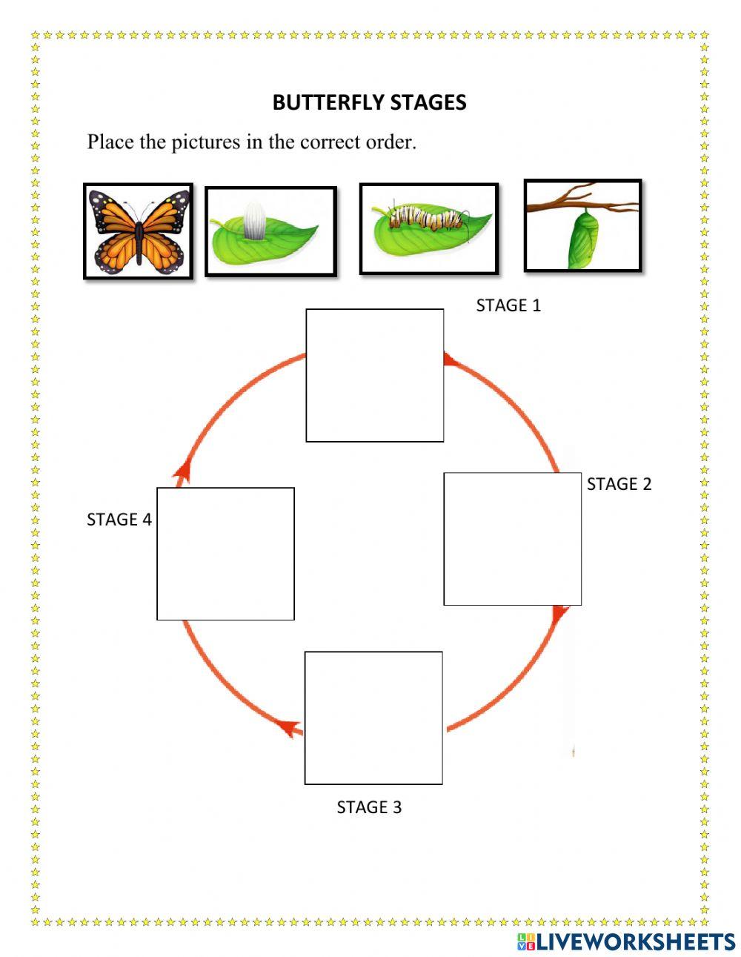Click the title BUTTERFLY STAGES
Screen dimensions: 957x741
coord(369,102)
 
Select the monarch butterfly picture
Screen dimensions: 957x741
coord(138,231)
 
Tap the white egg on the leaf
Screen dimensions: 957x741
coord(254,223)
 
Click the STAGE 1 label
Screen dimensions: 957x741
coord(508,305)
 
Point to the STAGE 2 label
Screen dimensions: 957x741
coord(619,484)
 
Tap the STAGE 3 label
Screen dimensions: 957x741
coord(369,807)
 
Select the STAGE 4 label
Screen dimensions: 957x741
coord(119,520)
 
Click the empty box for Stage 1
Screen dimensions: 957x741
coord(375,376)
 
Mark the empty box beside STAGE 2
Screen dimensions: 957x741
coord(512,539)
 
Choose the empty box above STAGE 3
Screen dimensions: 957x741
coord(373,718)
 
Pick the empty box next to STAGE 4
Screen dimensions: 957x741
coord(225,553)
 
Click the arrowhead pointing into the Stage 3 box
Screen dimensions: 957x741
coord(290,728)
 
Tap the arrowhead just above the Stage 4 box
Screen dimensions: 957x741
coord(182,470)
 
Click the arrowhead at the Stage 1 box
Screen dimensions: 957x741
coord(448,359)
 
